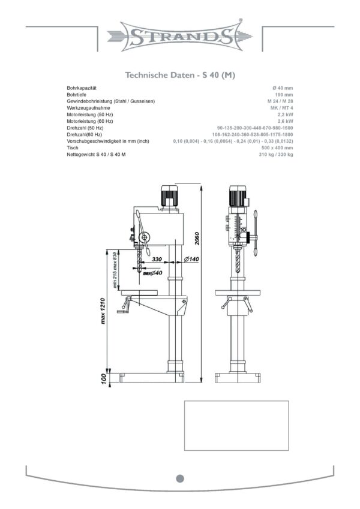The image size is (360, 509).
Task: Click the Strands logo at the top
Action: click(x=180, y=35)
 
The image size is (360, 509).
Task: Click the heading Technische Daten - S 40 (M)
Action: click(x=180, y=76)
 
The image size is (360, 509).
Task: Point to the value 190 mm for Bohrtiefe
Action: click(x=284, y=95)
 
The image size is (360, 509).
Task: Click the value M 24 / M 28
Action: click(x=280, y=101)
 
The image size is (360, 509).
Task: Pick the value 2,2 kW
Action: click(x=285, y=115)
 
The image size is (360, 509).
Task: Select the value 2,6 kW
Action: click(x=285, y=121)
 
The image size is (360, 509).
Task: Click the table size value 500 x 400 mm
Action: click(x=277, y=147)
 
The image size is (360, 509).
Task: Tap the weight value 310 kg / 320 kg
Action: click(x=275, y=155)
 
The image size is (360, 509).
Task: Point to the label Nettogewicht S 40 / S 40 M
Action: click(x=97, y=155)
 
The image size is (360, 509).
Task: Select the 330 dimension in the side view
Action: click(x=157, y=259)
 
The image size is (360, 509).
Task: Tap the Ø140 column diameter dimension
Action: click(x=191, y=259)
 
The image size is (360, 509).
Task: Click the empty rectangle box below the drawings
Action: click(x=236, y=425)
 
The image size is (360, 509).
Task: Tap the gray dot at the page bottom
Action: click(x=180, y=478)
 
